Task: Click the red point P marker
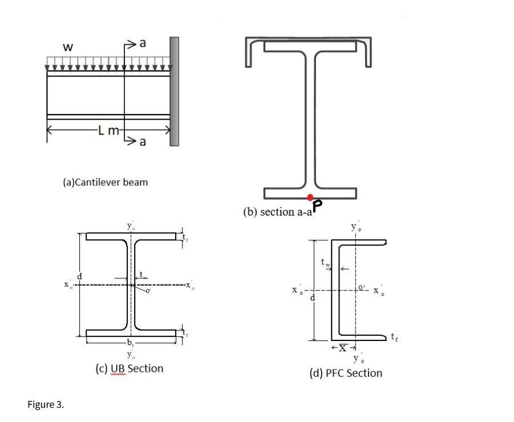(310, 197)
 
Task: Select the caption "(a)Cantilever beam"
(105, 182)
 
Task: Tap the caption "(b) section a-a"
(276, 212)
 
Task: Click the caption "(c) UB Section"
(129, 368)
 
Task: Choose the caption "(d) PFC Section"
(345, 373)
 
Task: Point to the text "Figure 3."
(46, 404)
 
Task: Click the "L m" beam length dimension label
(108, 131)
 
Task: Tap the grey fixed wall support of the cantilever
(174, 91)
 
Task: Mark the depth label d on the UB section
(80, 277)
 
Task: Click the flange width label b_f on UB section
(131, 343)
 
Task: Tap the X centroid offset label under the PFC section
(343, 347)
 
